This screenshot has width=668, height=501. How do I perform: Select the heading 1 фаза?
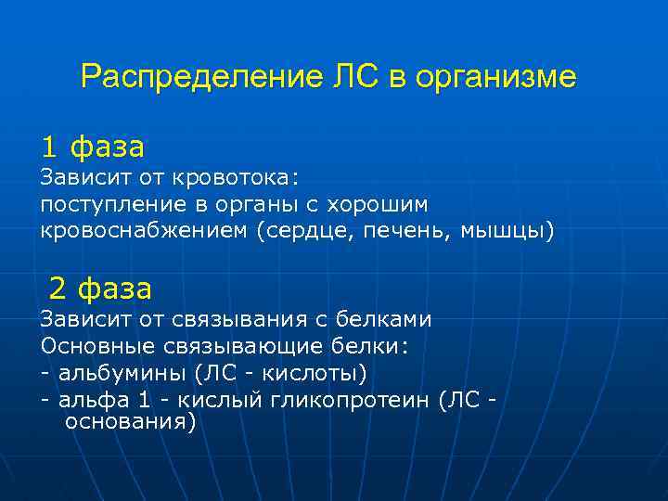[92, 147]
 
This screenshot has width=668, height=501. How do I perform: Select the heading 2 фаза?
[100, 289]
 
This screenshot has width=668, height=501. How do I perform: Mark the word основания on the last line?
[129, 422]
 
